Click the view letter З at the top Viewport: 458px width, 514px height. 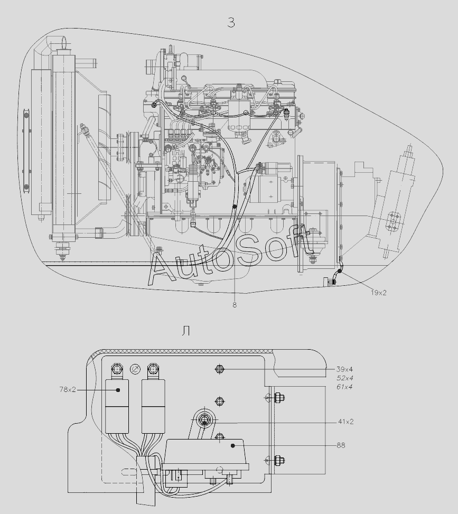(x=231, y=23)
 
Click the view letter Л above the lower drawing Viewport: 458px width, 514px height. (x=186, y=331)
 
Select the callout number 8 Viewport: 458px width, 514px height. (x=235, y=305)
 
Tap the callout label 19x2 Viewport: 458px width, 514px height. (x=379, y=293)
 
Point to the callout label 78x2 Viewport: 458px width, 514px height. (x=68, y=389)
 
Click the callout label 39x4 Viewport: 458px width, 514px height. (x=344, y=369)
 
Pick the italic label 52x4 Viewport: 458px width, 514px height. (x=344, y=378)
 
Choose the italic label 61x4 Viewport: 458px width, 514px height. (x=344, y=387)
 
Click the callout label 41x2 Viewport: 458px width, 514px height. (x=346, y=422)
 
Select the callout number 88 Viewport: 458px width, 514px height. (x=341, y=445)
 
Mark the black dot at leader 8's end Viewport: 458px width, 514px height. (x=235, y=207)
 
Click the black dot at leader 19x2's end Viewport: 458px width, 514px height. (x=339, y=271)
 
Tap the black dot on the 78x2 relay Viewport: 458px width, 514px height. (x=118, y=390)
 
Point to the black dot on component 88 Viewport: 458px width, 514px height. (x=232, y=445)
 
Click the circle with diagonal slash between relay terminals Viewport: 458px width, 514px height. (x=135, y=369)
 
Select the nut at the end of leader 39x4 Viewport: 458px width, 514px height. (x=220, y=369)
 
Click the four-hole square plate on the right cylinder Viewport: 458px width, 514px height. (x=392, y=221)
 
